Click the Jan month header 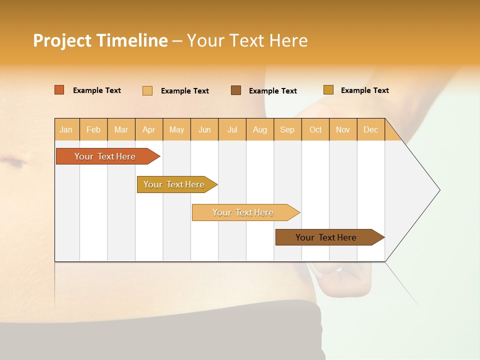point(66,129)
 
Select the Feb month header point(93,129)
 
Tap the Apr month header point(149,129)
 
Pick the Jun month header point(204,129)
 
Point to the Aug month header point(260,129)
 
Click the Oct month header point(315,129)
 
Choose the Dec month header point(371,129)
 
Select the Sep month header point(287,129)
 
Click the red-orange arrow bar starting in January point(105,156)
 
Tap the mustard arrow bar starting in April point(174,184)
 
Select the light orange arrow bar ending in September point(243,212)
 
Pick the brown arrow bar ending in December point(326,237)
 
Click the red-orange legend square point(59,90)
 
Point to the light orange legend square point(147,90)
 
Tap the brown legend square point(236,90)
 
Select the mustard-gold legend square point(328,89)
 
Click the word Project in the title point(62,40)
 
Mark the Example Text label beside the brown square point(273,90)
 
